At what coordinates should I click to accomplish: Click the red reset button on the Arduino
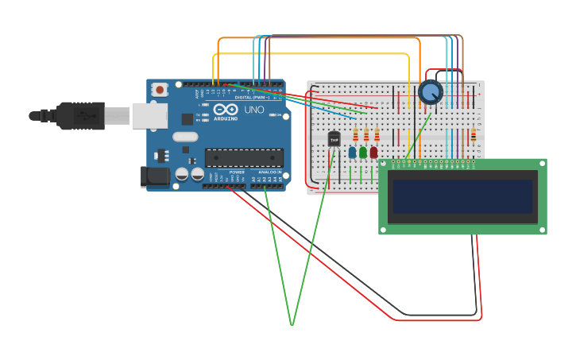coord(160,90)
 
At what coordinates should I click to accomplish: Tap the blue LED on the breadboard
coord(352,152)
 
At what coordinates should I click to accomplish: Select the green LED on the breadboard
coord(363,152)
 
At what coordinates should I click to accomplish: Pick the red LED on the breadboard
coord(373,152)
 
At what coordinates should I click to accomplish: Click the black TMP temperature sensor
coord(334,139)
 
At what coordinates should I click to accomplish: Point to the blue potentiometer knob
coord(430,92)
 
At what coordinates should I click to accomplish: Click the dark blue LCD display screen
coord(462,196)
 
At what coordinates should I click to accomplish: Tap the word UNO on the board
coord(254,110)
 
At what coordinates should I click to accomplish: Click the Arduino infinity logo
coord(225,110)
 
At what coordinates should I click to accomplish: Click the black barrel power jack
coord(156,176)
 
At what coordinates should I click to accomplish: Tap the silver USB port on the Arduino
coord(149,116)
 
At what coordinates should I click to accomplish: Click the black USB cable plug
coord(79,116)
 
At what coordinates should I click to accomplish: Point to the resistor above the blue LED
coord(355,135)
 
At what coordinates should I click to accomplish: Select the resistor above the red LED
coord(377,135)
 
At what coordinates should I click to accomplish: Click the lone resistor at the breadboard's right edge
coord(474,136)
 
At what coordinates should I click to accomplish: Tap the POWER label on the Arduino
coord(237,172)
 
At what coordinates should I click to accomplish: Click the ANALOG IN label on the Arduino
coord(269,172)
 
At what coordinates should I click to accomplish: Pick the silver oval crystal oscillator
coord(184,137)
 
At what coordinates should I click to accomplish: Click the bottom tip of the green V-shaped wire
coord(292,324)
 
